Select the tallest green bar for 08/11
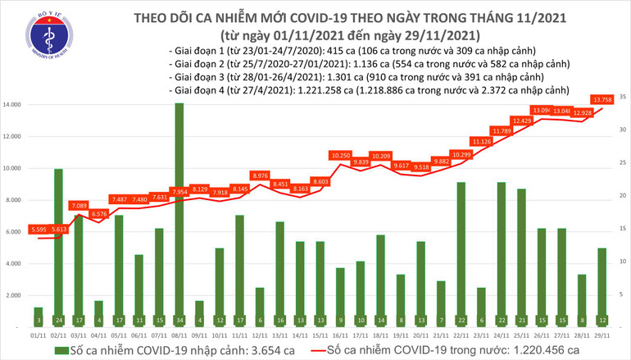(179, 205)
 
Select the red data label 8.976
(258, 175)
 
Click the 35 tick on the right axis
(624, 98)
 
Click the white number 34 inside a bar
(179, 320)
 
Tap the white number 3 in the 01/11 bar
(38, 320)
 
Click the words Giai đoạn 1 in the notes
(195, 48)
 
